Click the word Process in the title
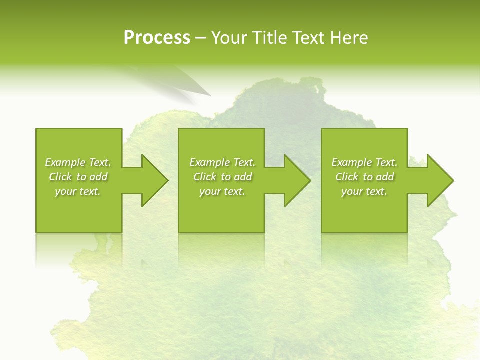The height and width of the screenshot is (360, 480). click(x=157, y=38)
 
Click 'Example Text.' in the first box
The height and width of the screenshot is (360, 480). click(x=78, y=162)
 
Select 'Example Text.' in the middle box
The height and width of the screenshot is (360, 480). click(x=222, y=162)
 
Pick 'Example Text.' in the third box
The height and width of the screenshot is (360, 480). click(x=364, y=162)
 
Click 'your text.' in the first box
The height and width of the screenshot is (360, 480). click(x=78, y=191)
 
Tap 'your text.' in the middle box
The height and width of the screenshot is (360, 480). click(x=222, y=191)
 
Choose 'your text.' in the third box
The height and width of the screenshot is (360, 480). click(x=364, y=191)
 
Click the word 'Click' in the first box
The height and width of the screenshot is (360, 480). click(x=60, y=177)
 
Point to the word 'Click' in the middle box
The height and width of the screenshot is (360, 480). click(x=205, y=177)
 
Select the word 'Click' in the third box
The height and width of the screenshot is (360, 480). click(x=347, y=177)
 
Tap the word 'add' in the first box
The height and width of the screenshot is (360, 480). click(x=99, y=177)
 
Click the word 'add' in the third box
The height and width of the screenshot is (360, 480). click(x=385, y=177)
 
